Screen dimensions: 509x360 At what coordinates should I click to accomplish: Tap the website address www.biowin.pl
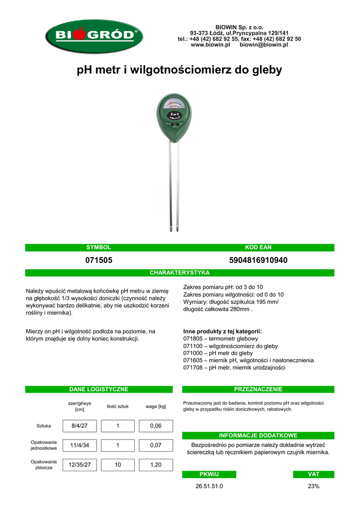pos(210,45)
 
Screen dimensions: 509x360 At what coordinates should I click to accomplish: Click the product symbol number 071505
pos(98,260)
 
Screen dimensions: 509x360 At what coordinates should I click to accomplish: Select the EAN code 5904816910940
pos(258,260)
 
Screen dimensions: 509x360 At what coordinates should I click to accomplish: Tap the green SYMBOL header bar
pos(98,248)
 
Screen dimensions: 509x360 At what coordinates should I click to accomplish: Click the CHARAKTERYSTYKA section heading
pos(180,273)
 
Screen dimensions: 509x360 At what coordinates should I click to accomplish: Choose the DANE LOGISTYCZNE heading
pos(98,389)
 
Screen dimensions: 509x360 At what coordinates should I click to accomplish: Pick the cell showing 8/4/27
pos(80,426)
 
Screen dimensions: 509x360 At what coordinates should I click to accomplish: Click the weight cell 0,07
pos(156,445)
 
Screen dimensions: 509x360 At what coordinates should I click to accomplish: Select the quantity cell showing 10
pos(118,465)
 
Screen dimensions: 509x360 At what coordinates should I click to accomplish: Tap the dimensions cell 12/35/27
pos(80,465)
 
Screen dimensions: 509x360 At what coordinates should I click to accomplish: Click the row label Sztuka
pos(44,426)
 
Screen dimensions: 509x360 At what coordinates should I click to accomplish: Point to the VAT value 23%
pos(313,486)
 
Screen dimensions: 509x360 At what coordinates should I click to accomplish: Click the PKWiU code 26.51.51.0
pos(209,486)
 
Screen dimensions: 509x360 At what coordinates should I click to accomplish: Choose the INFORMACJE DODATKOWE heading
pos(258,435)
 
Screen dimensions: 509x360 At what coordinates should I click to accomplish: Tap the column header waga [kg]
pos(156,407)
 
